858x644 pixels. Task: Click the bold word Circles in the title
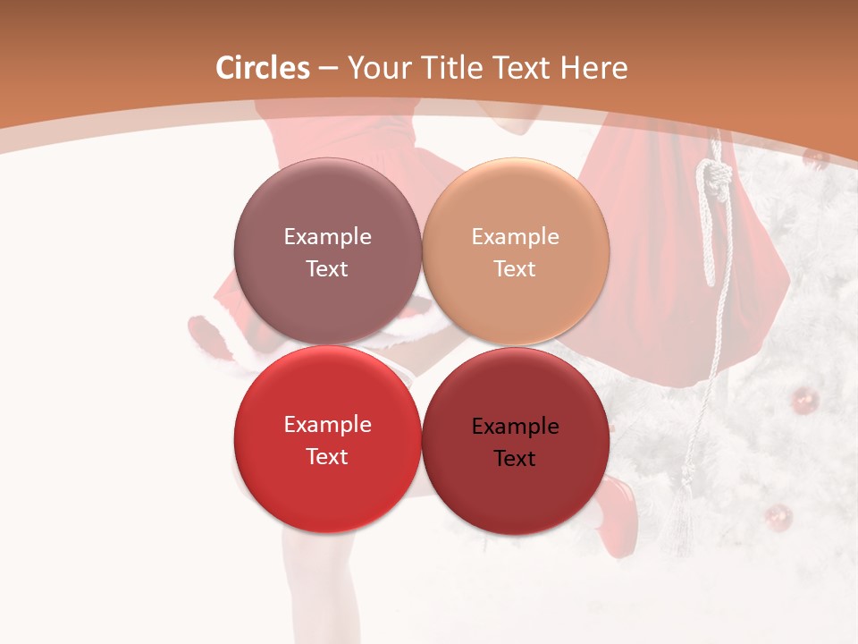pyautogui.click(x=263, y=68)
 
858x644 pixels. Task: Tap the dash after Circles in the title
pyautogui.click(x=328, y=69)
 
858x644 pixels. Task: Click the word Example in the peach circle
pyautogui.click(x=515, y=237)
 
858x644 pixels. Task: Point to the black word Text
pyautogui.click(x=515, y=459)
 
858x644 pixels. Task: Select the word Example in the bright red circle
pyautogui.click(x=327, y=425)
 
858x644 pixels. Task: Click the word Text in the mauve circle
pyautogui.click(x=327, y=269)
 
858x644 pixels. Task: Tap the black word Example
pyautogui.click(x=515, y=427)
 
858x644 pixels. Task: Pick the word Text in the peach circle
pyautogui.click(x=515, y=269)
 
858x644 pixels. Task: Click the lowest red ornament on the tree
pyautogui.click(x=778, y=516)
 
